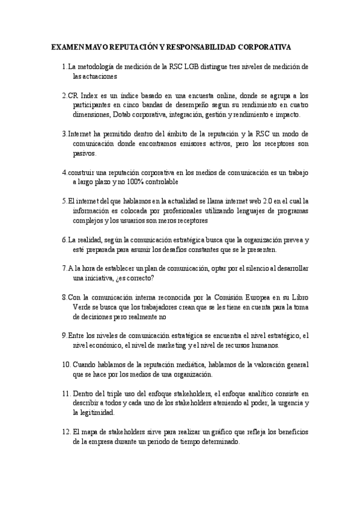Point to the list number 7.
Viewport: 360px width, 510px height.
(x=64, y=268)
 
